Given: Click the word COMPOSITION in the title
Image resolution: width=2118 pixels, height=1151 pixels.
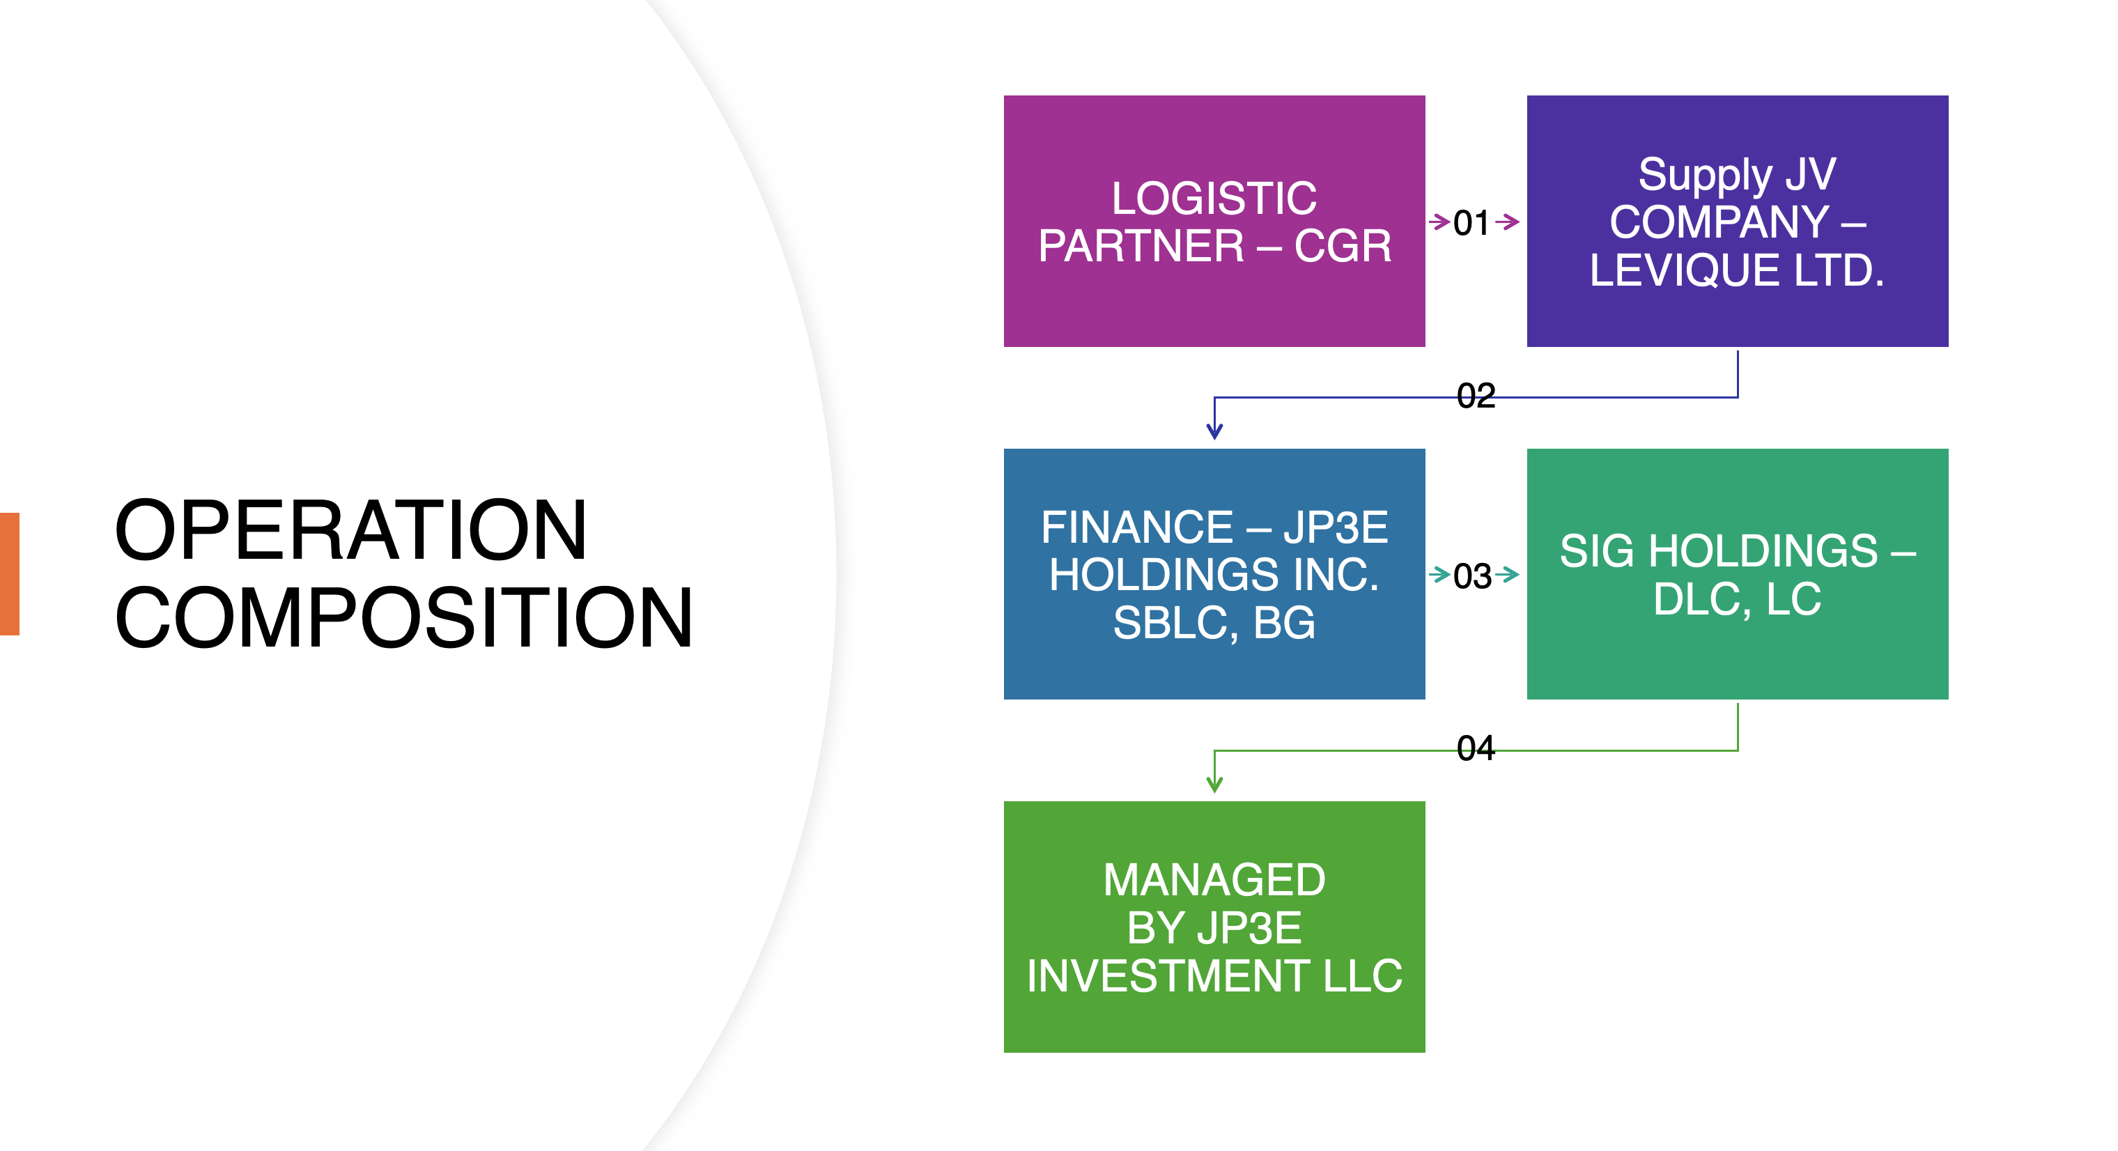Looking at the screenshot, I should pos(403,618).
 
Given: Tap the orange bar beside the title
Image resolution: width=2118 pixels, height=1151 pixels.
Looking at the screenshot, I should pos(9,574).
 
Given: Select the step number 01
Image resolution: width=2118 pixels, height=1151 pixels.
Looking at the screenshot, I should pos(1471,223).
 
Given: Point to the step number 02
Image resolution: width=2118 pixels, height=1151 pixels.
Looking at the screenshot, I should pos(1475,396).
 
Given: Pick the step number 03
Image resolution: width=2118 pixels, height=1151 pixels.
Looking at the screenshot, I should pos(1471,575).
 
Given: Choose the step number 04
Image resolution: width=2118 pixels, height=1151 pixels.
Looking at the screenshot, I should pos(1475,748).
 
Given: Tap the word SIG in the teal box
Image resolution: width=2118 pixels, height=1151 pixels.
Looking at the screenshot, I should pos(1597,551).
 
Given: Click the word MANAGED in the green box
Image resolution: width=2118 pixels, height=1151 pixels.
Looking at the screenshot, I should pos(1214,880).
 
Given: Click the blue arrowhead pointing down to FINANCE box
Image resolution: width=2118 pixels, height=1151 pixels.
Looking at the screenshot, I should pos(1214,431).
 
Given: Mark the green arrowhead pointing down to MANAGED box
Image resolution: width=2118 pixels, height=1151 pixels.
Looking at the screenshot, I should pos(1214,785).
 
